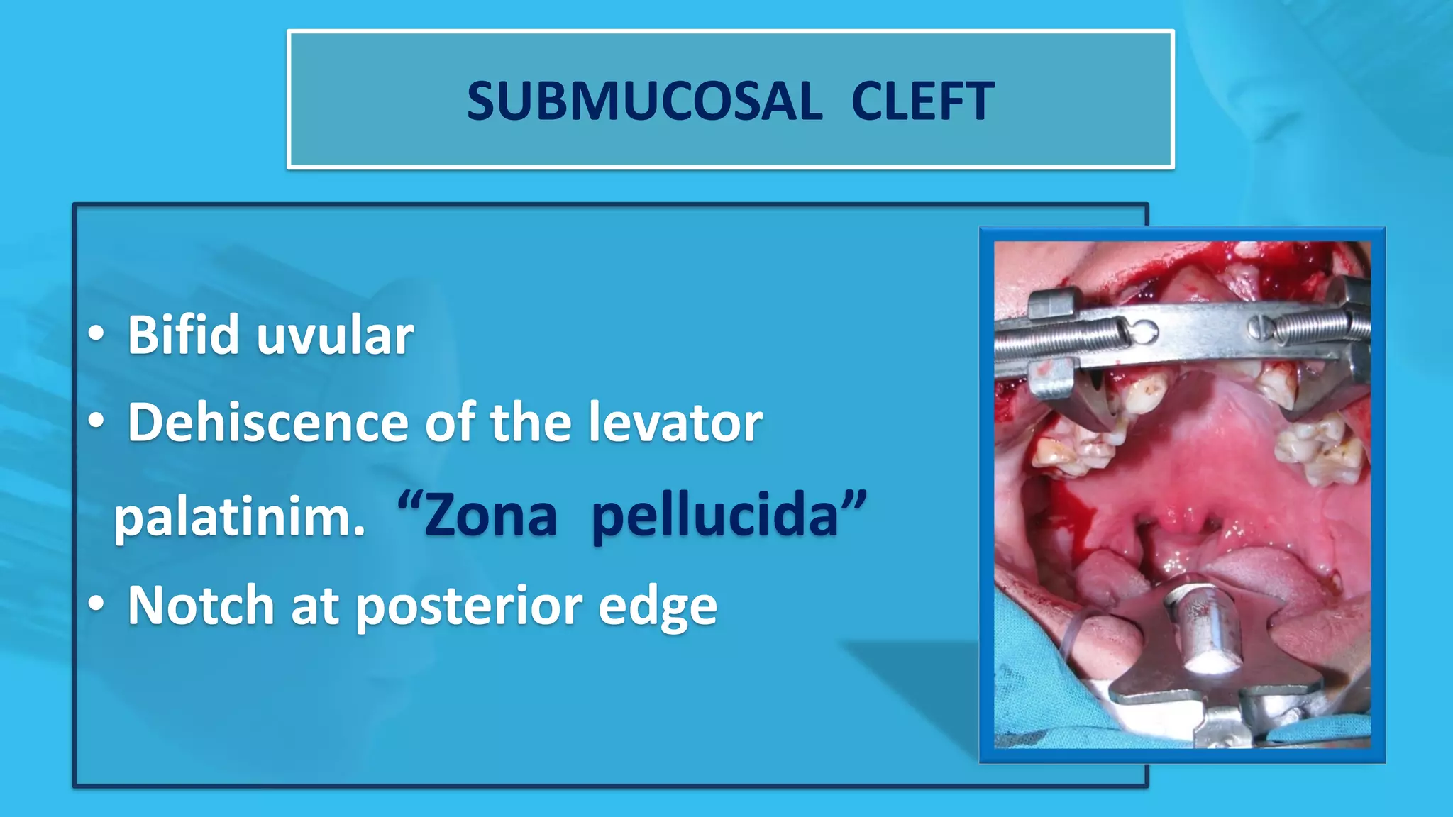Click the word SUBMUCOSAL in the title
point(644,101)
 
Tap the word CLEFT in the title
point(922,101)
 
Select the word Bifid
point(183,335)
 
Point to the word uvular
point(335,336)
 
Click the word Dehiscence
point(267,423)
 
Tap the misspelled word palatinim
point(240,517)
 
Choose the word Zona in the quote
point(490,516)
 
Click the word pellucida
point(715,517)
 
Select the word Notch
point(201,606)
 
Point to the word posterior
point(469,607)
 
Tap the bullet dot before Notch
point(96,604)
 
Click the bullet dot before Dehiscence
point(96,421)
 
